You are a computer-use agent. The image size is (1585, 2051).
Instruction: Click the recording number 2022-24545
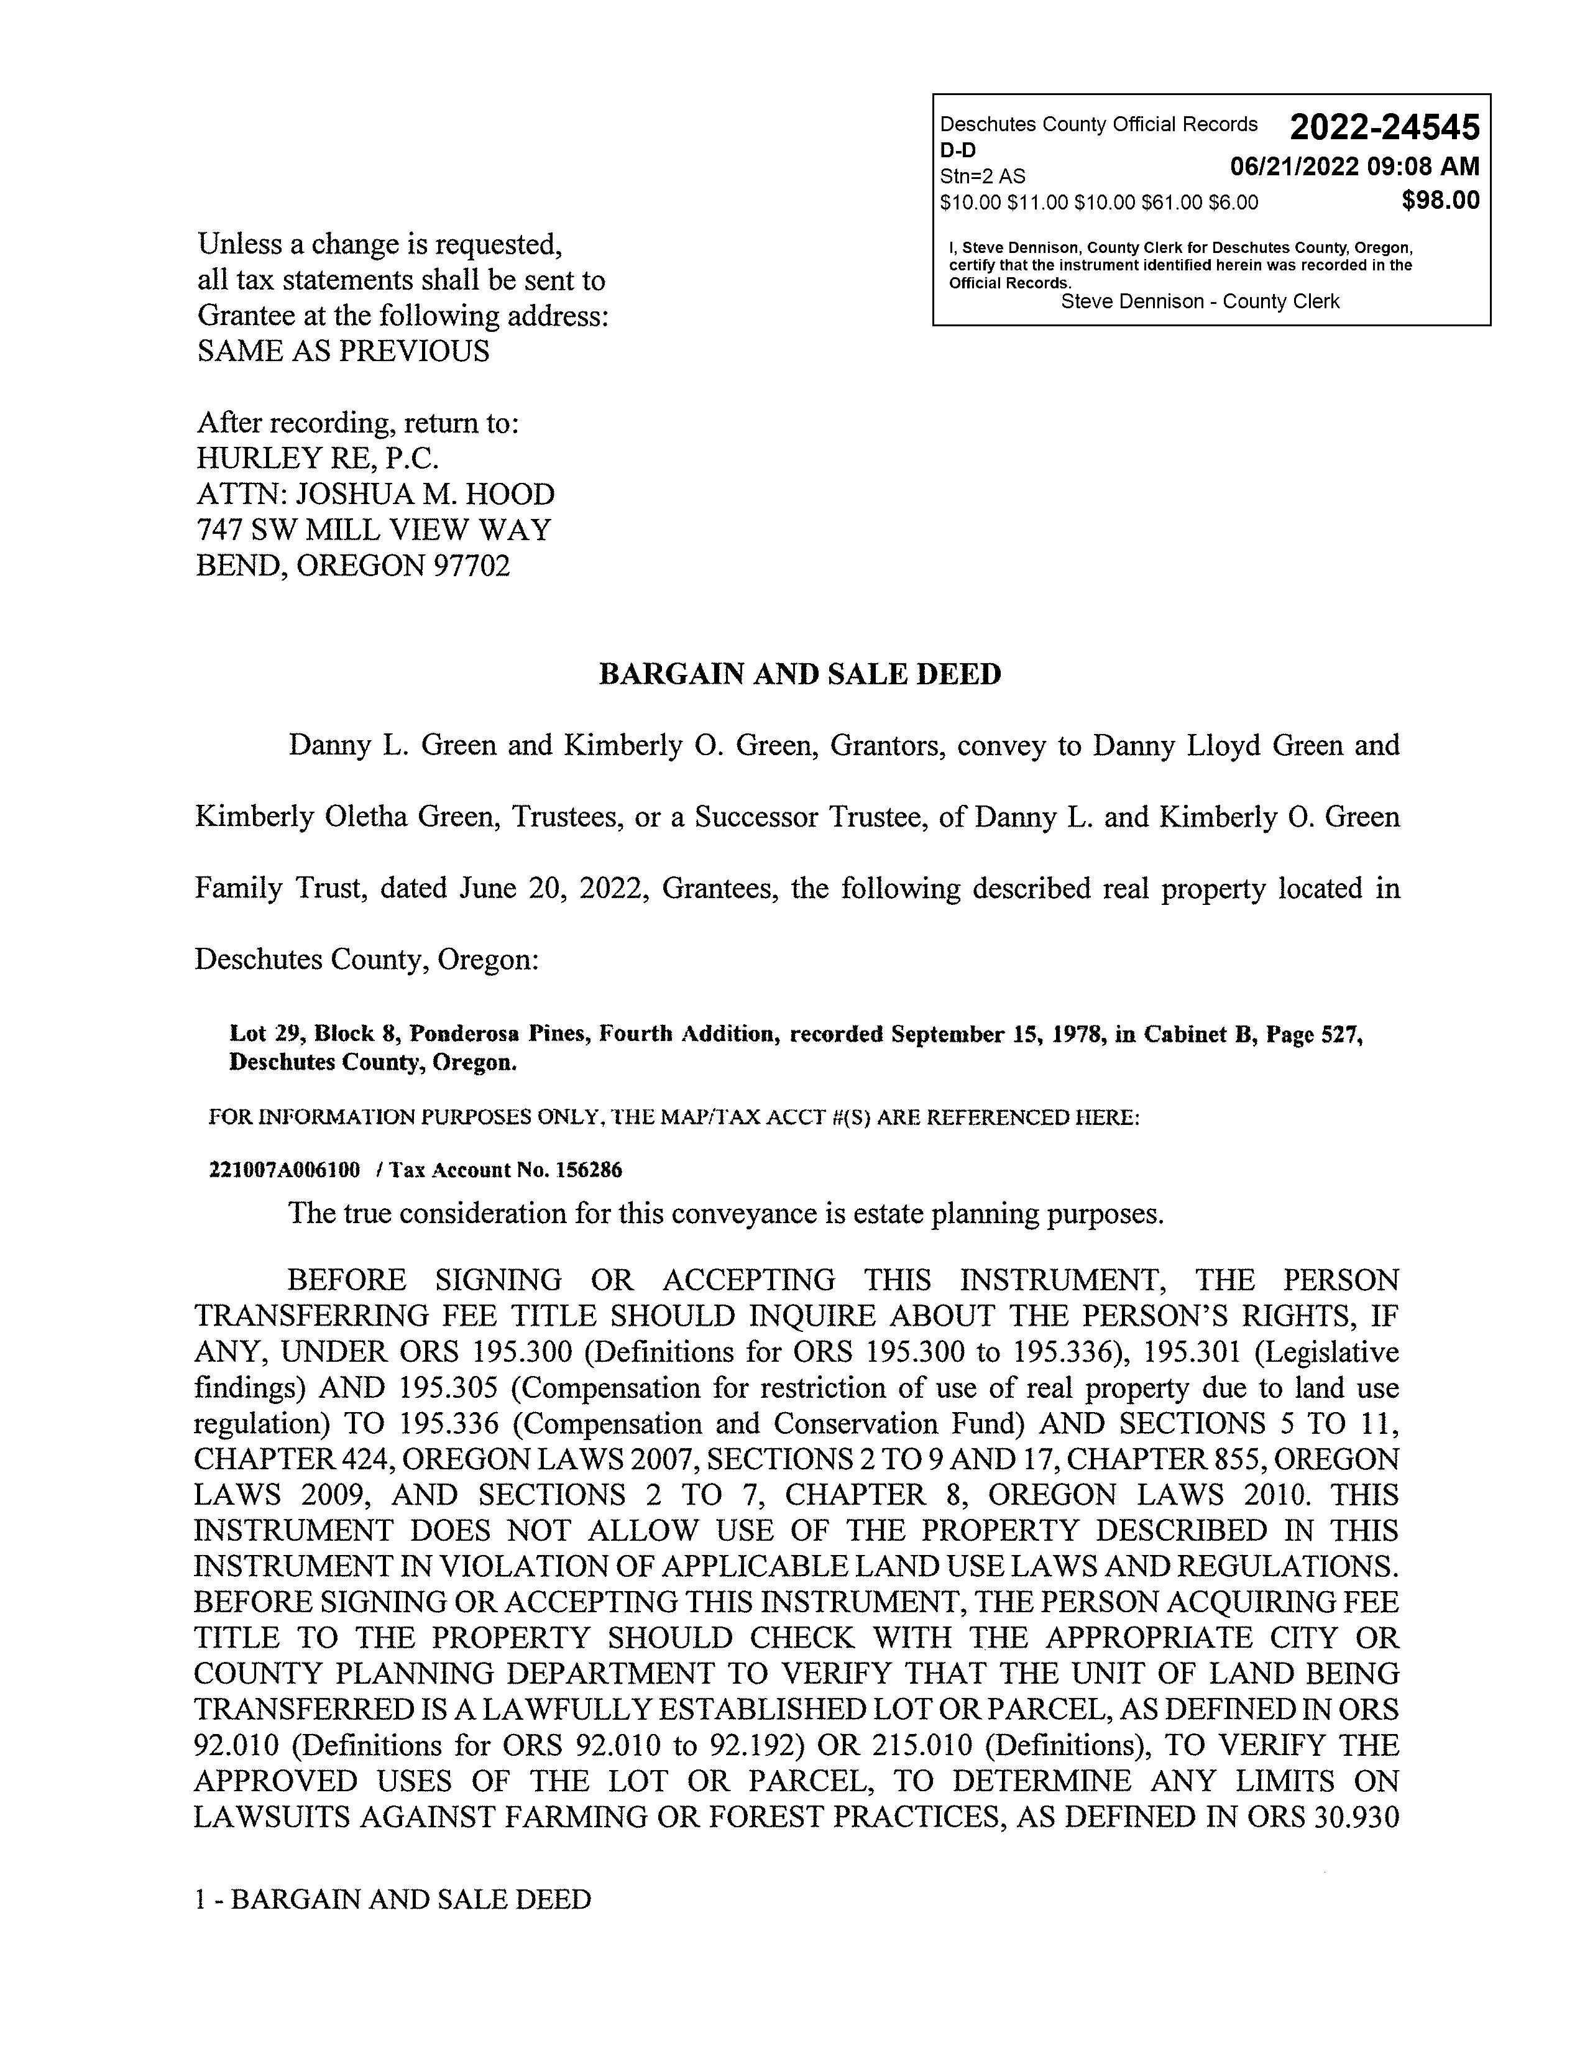pyautogui.click(x=1384, y=127)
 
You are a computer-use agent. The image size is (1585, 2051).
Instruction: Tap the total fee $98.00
pyautogui.click(x=1440, y=200)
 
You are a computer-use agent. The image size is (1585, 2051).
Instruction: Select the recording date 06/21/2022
pyautogui.click(x=1294, y=167)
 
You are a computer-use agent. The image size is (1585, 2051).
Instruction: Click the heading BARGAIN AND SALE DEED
pyautogui.click(x=800, y=674)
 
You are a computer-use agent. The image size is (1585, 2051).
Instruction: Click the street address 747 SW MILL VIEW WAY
pyautogui.click(x=374, y=531)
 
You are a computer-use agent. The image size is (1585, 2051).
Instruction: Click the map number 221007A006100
pyautogui.click(x=283, y=1170)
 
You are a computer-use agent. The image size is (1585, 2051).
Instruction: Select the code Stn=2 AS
pyautogui.click(x=982, y=177)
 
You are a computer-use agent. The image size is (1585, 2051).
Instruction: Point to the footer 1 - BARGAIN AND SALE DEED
pyautogui.click(x=392, y=1900)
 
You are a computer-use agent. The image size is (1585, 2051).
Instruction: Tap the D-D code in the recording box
pyautogui.click(x=958, y=150)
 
